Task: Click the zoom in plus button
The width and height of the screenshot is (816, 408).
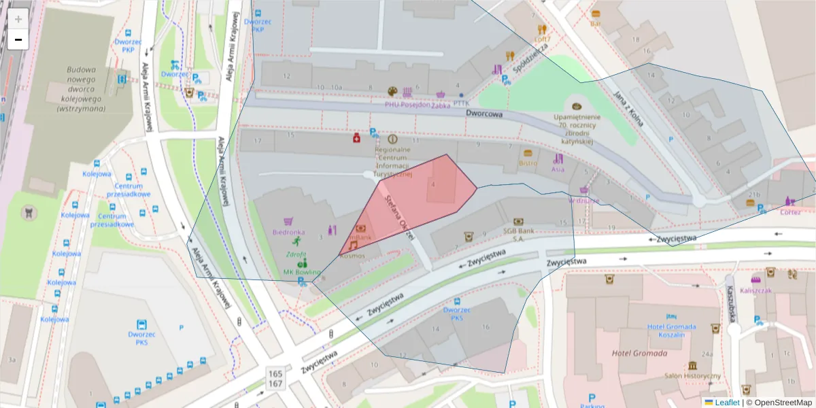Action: (18, 18)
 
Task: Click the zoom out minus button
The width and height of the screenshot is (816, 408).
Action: (18, 39)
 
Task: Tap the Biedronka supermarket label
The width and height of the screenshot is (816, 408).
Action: (288, 232)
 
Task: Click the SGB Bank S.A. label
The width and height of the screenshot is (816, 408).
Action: (517, 235)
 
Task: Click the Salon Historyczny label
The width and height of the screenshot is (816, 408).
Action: (692, 376)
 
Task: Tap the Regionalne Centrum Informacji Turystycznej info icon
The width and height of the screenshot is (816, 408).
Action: (392, 139)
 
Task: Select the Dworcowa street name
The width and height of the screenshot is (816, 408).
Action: (484, 114)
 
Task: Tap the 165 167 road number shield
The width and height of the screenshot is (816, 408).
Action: (275, 379)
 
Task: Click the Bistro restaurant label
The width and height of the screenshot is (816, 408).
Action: (528, 163)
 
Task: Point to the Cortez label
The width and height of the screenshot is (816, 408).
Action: (790, 211)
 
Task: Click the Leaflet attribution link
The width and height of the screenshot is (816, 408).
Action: (727, 403)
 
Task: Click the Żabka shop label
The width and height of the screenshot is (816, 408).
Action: (441, 105)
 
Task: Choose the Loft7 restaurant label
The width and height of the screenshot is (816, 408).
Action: (542, 39)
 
